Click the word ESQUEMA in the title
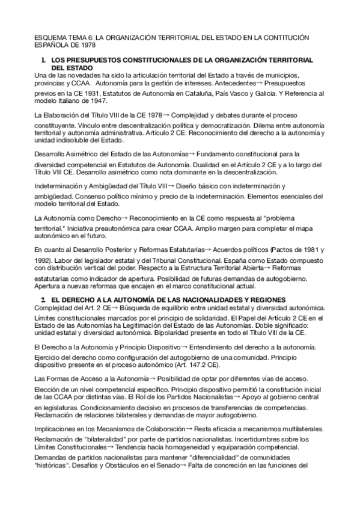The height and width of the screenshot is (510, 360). click(x=48, y=37)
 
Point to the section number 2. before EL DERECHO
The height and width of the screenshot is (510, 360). click(x=43, y=299)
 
